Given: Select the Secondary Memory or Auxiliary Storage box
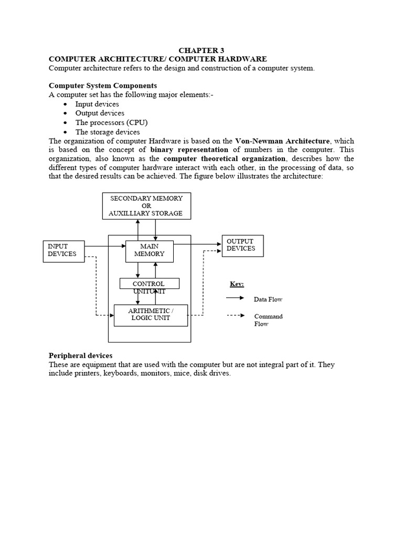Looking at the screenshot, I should click(x=146, y=205).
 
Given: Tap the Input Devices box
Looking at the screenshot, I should click(x=63, y=250).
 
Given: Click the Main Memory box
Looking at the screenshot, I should click(x=149, y=250).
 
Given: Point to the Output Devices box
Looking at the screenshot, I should click(x=242, y=245).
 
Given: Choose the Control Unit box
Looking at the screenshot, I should click(x=149, y=284).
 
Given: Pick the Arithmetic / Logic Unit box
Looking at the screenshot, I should click(x=150, y=315).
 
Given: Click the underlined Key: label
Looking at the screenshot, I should click(x=237, y=284).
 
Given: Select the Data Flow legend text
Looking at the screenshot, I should click(x=268, y=299).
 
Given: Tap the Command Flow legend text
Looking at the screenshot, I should click(x=268, y=320).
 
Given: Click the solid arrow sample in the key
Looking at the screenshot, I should click(x=235, y=298).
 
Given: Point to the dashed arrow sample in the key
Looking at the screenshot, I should click(x=235, y=316).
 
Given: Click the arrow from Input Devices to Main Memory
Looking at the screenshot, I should click(x=104, y=245).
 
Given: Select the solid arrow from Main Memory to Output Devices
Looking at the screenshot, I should click(x=197, y=244).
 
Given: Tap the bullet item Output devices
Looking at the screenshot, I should click(x=100, y=113).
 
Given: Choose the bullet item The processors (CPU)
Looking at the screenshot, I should click(x=111, y=122).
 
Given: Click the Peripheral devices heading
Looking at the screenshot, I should click(x=80, y=356).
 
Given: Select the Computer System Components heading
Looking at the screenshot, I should click(x=103, y=85).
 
